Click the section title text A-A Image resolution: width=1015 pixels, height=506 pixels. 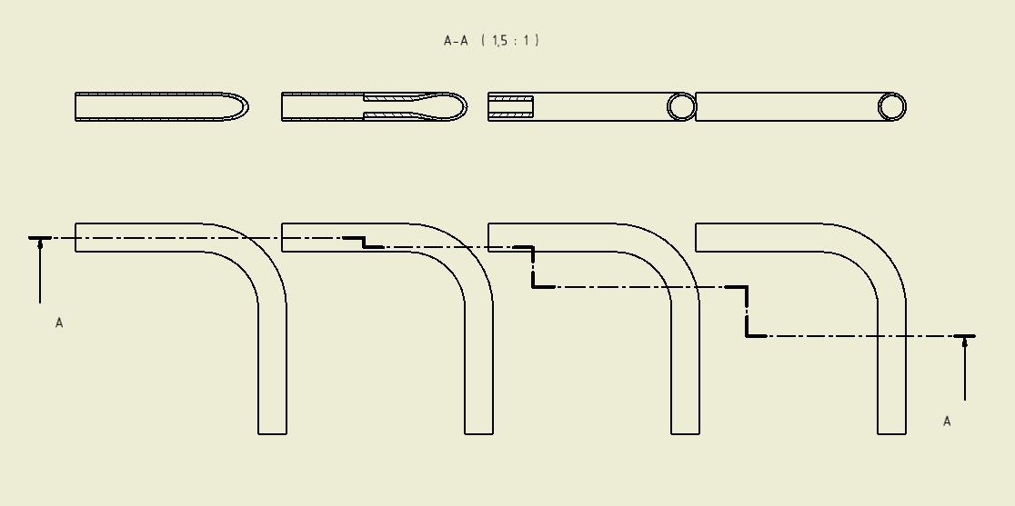click(x=456, y=41)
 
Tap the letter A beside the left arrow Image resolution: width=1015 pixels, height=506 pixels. click(x=59, y=323)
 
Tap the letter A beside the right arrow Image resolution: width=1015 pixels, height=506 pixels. click(x=947, y=422)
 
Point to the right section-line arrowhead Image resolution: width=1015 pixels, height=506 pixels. click(x=965, y=342)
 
